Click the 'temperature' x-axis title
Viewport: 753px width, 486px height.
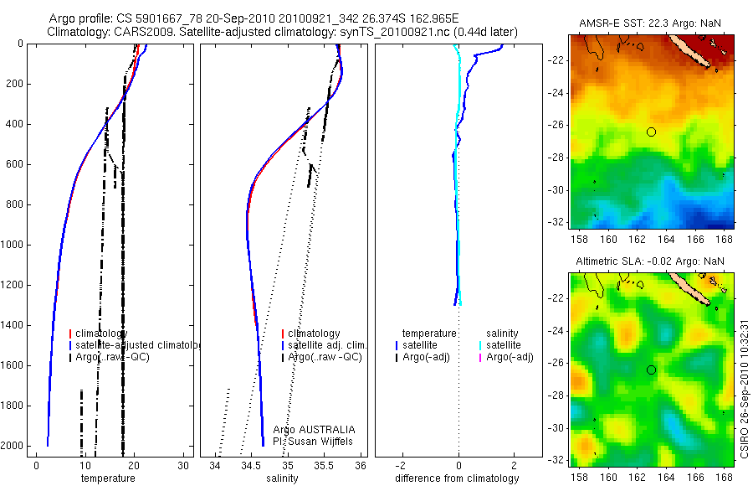tap(107, 478)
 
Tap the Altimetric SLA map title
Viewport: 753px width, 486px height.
tap(649, 261)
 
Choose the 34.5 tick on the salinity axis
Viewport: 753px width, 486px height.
tap(251, 465)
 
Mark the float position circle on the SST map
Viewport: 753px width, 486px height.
tap(651, 132)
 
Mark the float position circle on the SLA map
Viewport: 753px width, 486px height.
tap(651, 370)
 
